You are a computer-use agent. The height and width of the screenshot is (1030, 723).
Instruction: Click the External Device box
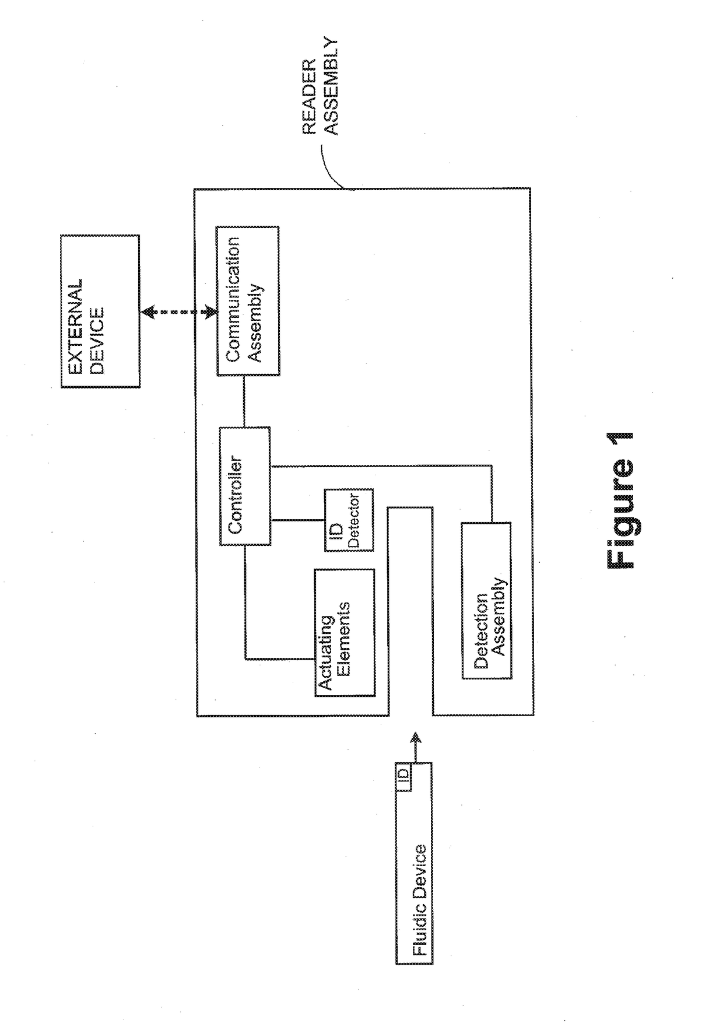click(100, 311)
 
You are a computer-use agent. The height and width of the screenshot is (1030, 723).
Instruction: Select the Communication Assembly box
click(247, 301)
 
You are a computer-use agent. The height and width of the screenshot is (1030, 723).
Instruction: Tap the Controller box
click(245, 486)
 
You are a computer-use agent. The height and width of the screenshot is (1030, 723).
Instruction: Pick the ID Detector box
click(349, 520)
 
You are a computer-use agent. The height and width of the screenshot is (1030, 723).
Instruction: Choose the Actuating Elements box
click(345, 633)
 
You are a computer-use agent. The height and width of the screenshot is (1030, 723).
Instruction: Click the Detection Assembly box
click(486, 601)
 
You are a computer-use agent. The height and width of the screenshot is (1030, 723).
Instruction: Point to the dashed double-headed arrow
click(178, 313)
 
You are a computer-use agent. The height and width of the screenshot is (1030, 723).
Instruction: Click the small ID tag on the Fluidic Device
click(403, 776)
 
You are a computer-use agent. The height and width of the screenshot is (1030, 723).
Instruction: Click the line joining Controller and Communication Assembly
click(244, 401)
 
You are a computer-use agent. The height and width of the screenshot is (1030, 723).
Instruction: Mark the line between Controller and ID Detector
click(298, 519)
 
